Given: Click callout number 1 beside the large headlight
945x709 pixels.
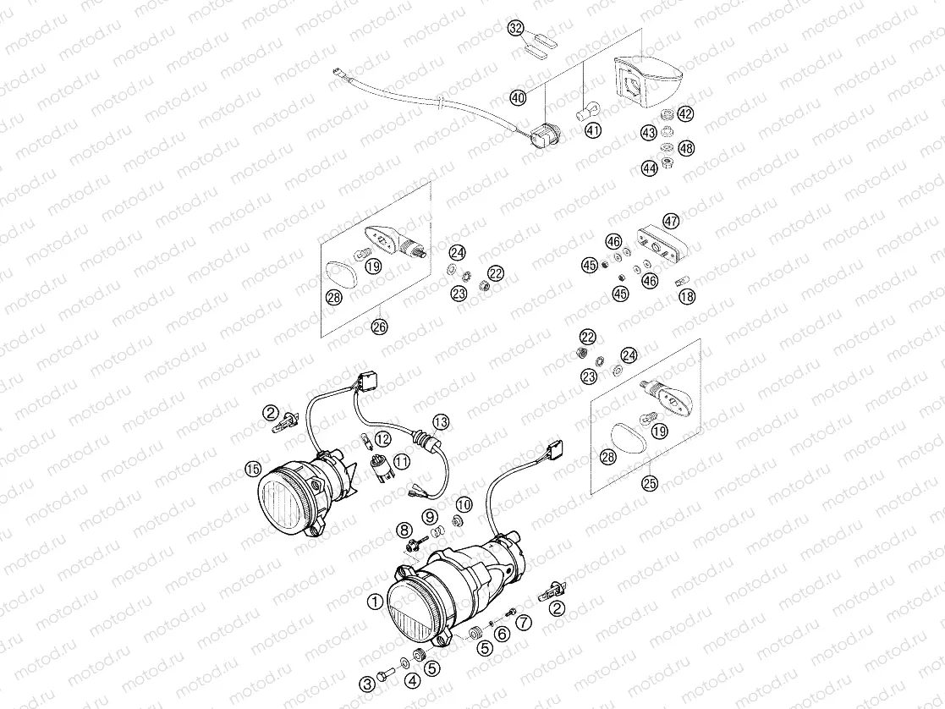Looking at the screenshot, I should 373,601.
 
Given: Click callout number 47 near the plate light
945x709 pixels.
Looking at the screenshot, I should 671,222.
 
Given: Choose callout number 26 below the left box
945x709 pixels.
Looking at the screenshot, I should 378,327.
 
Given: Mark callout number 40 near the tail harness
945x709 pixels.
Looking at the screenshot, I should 519,98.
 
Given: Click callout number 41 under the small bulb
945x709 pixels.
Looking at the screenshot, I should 593,130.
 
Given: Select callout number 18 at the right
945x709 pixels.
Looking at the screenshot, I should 686,296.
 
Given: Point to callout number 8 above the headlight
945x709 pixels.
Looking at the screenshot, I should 404,530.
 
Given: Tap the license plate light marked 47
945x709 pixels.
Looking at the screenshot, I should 661,243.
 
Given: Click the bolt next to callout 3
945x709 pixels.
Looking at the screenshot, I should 387,673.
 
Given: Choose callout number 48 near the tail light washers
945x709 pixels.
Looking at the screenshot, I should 686,148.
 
